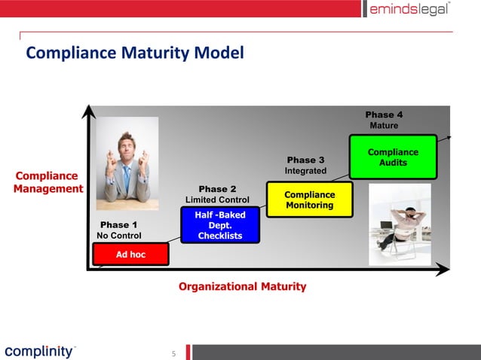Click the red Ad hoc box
pyautogui.click(x=130, y=255)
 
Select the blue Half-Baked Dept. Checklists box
pyautogui.click(x=220, y=226)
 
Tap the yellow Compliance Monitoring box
pyautogui.click(x=310, y=200)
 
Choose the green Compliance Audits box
pyautogui.click(x=393, y=157)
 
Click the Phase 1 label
pyautogui.click(x=119, y=224)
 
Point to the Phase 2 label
pyautogui.click(x=217, y=188)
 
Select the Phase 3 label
pyautogui.click(x=305, y=160)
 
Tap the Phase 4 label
pyautogui.click(x=384, y=114)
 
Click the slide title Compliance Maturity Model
pyautogui.click(x=135, y=53)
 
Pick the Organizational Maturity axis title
pyautogui.click(x=242, y=286)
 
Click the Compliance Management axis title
pyautogui.click(x=47, y=182)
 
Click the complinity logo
pyautogui.click(x=39, y=351)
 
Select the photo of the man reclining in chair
pyautogui.click(x=400, y=224)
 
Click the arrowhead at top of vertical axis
pyautogui.click(x=89, y=111)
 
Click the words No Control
pyautogui.click(x=119, y=236)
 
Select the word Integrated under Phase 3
pyautogui.click(x=305, y=171)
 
